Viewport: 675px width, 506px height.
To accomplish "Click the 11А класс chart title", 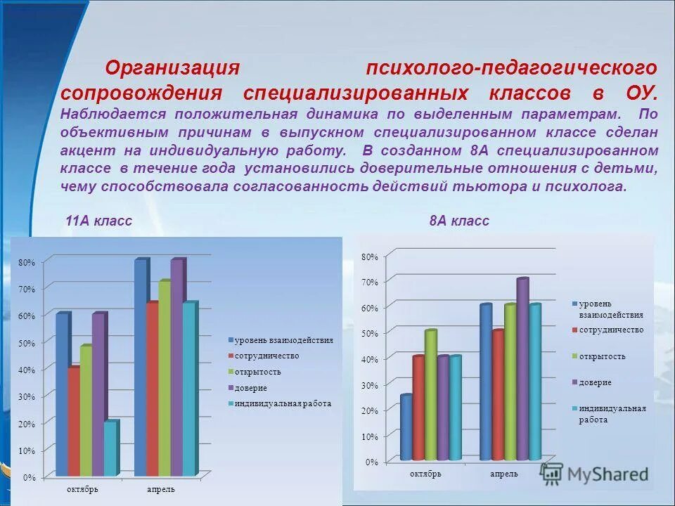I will pos(98,221).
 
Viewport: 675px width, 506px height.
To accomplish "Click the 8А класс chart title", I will pos(459,221).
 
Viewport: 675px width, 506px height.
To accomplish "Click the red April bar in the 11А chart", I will pos(152,389).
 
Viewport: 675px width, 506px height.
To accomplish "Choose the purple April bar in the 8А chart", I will pos(521,369).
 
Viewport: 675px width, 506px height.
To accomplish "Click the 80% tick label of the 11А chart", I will pos(26,263).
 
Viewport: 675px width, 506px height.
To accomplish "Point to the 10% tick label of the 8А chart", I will pos(370,436).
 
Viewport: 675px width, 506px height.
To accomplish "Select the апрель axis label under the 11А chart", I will pos(161,489).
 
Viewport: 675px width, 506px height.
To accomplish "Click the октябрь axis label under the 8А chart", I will pos(426,474).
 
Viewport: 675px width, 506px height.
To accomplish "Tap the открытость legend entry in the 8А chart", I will pos(602,356).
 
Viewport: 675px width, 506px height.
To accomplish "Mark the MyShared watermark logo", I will pos(595,474).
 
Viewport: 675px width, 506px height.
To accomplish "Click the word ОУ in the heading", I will pos(641,93).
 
